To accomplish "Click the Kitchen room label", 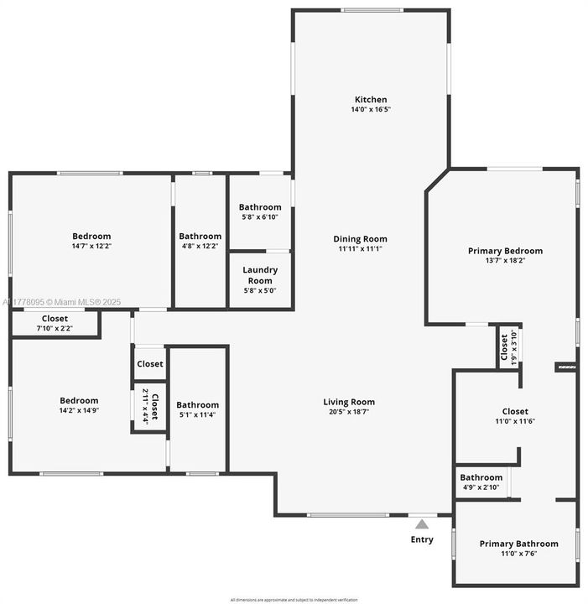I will coord(371,100).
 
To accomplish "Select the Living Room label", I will coord(349,402).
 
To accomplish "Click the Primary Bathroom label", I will coord(518,544).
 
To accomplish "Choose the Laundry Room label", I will coord(259,274).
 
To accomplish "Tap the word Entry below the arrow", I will coord(422,539).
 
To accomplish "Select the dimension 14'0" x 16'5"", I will coord(371,110).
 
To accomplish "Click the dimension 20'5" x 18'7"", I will coord(349,412).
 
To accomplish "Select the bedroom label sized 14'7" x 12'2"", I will coord(91,237).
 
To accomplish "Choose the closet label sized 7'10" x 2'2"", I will coord(55,319).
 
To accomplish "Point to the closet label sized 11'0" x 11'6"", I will coord(515,412).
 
